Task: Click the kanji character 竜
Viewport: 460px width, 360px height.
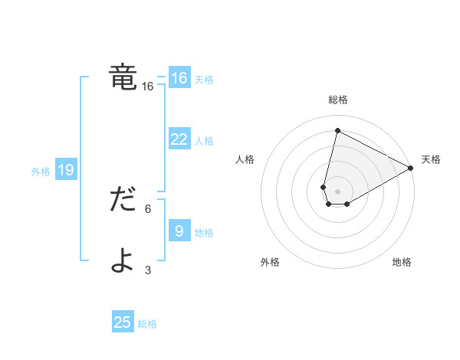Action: click(123, 77)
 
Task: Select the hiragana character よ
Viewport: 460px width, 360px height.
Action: click(123, 260)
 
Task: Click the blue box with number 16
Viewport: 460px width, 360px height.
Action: click(179, 78)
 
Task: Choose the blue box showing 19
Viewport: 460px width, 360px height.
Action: click(66, 170)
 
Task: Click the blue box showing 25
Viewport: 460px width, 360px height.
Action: click(123, 322)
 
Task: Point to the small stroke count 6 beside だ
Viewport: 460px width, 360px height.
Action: click(148, 208)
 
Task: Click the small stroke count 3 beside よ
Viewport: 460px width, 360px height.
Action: click(148, 270)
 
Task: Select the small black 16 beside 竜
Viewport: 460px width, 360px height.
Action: click(148, 87)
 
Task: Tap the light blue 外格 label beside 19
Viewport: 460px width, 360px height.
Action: click(41, 172)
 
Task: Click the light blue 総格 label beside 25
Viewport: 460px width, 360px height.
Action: click(147, 324)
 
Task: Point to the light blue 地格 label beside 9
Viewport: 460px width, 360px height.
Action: click(204, 232)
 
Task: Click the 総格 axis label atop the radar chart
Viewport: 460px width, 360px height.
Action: click(337, 100)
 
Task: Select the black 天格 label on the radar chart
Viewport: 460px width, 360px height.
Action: click(431, 159)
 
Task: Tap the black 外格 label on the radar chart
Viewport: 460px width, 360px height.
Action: click(270, 263)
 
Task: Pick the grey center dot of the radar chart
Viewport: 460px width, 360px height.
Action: click(337, 191)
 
